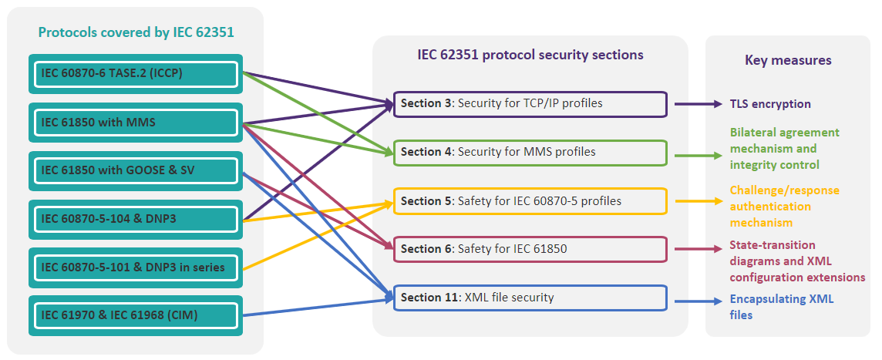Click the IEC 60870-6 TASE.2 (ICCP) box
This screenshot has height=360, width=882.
(136, 74)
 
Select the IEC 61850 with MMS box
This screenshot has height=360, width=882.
(136, 123)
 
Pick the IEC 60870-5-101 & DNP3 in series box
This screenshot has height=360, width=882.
(136, 267)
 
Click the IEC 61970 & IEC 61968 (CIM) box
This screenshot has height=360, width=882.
(136, 315)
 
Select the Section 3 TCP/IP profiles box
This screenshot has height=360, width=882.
(530, 104)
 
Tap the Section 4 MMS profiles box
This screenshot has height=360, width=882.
(530, 153)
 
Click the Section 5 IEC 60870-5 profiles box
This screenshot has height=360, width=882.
(530, 200)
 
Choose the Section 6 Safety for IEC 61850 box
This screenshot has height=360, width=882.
(530, 249)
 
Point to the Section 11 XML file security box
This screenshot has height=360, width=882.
(530, 298)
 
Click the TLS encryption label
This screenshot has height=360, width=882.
(770, 104)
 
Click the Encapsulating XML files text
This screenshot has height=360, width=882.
(781, 307)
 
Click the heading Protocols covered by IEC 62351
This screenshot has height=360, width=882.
(136, 32)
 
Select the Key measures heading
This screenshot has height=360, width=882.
(788, 60)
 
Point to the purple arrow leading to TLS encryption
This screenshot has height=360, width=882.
(698, 104)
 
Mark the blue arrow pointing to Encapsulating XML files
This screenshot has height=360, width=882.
(698, 301)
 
